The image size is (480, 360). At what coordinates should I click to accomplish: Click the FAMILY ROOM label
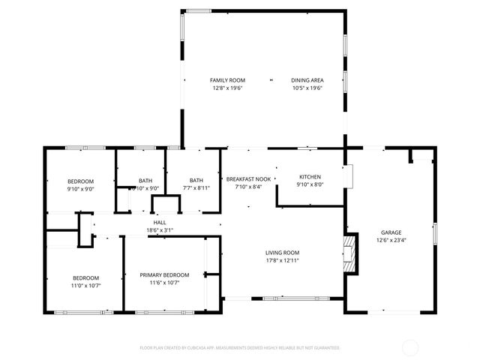click(226, 79)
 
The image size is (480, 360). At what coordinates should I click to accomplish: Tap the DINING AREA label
click(307, 79)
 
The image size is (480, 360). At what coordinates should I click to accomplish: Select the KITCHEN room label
click(310, 177)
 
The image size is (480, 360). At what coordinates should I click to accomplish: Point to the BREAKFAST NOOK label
click(248, 179)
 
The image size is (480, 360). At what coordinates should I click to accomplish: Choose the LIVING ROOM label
click(282, 253)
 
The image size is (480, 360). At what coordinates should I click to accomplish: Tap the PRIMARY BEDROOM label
click(164, 275)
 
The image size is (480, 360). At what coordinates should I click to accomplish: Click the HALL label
click(160, 223)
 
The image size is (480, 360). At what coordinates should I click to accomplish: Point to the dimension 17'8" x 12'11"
click(282, 260)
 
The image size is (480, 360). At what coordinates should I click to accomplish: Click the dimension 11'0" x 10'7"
click(86, 285)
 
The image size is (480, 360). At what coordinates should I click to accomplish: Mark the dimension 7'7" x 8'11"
click(196, 187)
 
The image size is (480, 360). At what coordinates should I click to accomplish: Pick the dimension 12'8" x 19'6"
click(226, 87)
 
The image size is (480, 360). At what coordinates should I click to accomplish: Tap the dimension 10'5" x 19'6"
click(307, 87)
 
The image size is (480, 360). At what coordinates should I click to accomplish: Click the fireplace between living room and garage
click(348, 255)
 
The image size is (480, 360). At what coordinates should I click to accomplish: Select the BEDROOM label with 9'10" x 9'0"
click(80, 181)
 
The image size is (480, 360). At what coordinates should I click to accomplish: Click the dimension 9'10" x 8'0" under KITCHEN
click(310, 184)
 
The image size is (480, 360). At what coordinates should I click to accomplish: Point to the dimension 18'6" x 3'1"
click(160, 230)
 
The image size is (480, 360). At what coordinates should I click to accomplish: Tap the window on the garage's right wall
click(433, 232)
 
